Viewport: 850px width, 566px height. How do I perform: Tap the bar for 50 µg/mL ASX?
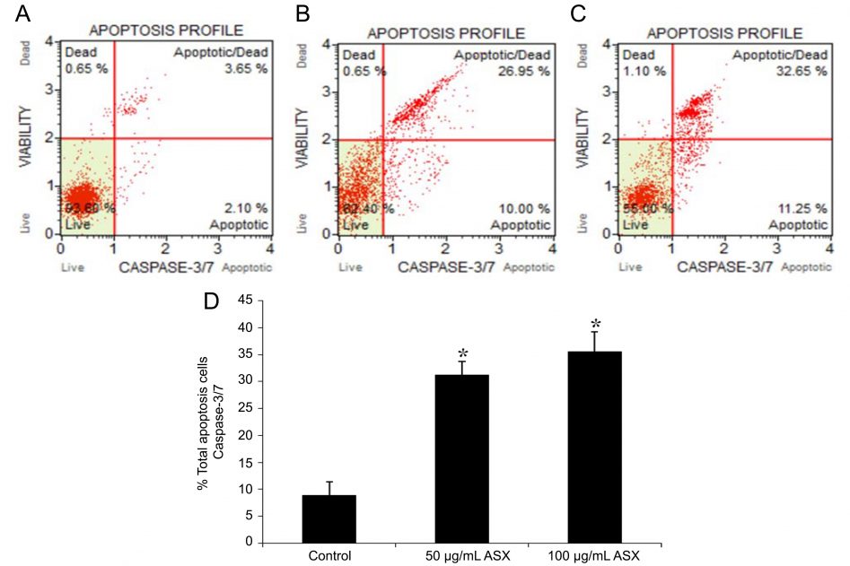462,458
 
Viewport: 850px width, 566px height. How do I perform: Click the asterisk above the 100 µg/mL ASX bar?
594,324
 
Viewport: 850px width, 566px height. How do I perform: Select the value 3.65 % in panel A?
246,68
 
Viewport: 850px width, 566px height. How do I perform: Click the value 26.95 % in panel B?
524,71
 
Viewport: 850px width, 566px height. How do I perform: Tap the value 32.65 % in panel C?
803,71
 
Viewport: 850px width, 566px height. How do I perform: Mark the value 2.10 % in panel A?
246,207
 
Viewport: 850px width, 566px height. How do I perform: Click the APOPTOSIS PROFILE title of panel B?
445,33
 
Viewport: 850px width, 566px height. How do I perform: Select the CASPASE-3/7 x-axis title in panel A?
168,266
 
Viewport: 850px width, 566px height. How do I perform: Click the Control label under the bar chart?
329,555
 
